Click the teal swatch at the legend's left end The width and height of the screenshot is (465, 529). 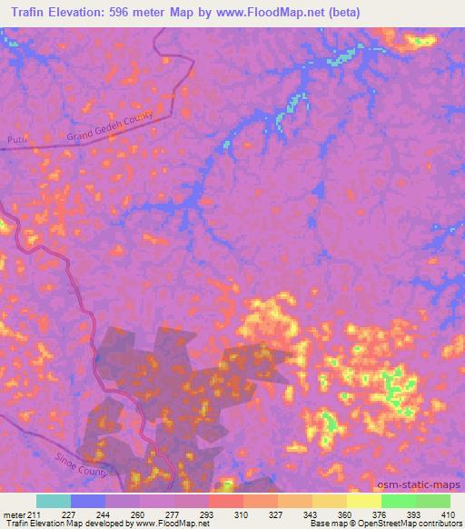54,501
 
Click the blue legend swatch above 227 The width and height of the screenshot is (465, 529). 88,501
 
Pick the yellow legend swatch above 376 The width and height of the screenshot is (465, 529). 363,501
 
